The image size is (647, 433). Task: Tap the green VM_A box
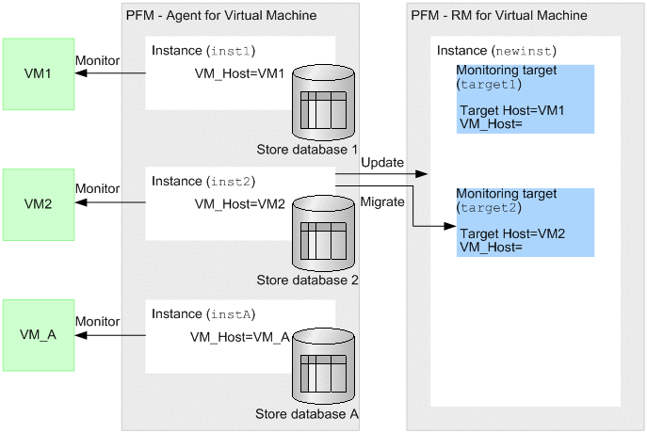(x=39, y=333)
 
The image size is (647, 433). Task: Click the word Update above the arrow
(x=381, y=163)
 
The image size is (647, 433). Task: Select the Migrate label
(x=381, y=202)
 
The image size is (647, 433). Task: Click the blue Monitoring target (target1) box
(x=526, y=99)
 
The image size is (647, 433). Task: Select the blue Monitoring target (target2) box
(x=526, y=222)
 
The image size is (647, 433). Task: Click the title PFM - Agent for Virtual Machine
(x=220, y=15)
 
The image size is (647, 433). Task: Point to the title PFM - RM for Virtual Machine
(x=499, y=15)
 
